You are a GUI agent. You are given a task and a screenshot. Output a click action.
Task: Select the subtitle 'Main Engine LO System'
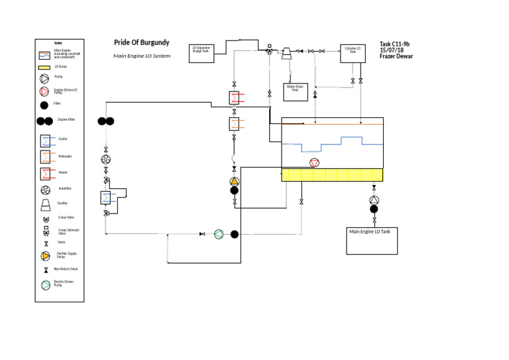[142, 56]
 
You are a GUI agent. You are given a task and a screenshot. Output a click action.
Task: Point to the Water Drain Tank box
[295, 91]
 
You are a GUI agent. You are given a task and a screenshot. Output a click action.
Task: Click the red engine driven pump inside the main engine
[314, 163]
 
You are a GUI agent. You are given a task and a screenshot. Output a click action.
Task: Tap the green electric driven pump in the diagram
[219, 233]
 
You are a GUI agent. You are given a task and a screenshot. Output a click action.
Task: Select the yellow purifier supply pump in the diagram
[234, 181]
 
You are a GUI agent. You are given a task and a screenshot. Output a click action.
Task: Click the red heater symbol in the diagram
[235, 98]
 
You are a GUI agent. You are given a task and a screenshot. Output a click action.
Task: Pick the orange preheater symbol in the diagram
[235, 124]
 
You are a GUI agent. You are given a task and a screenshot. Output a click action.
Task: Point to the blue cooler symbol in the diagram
[106, 198]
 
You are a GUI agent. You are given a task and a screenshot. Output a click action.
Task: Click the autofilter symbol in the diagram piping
[105, 159]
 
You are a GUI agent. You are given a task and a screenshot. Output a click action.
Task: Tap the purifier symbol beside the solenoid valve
[288, 54]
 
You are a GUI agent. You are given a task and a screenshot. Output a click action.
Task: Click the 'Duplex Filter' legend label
[66, 120]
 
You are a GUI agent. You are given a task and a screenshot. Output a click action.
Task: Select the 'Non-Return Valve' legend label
[66, 269]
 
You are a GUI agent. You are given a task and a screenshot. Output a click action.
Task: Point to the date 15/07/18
[391, 50]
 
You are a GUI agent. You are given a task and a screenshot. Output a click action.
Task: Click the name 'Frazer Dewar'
[396, 56]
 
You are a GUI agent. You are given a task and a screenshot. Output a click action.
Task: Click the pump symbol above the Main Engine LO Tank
[374, 200]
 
